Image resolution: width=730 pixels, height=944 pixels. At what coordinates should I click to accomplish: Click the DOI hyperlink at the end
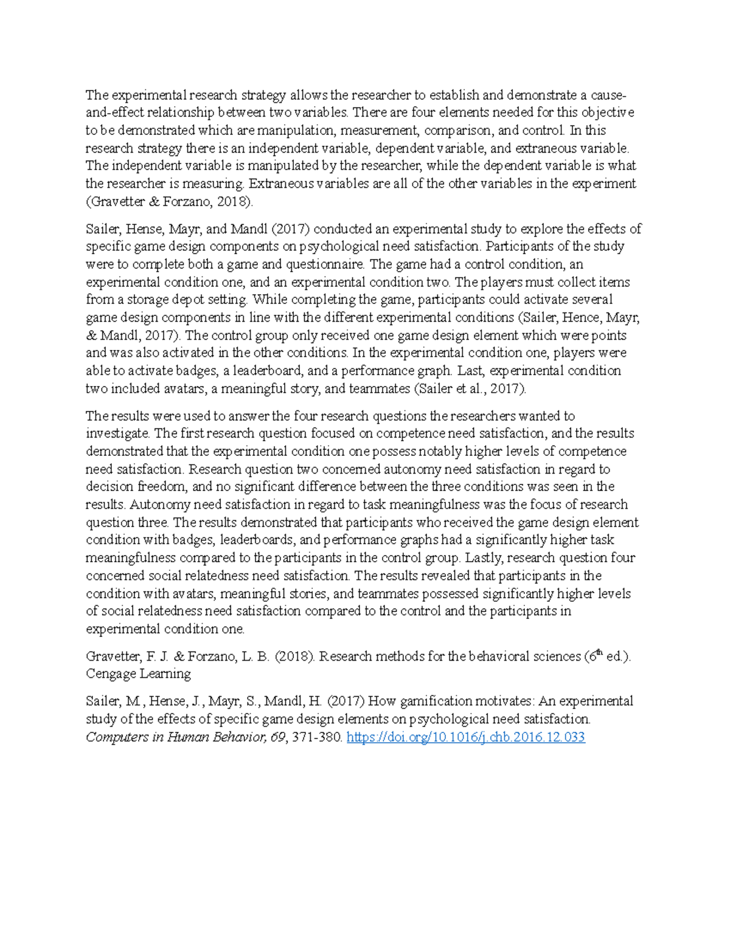[465, 737]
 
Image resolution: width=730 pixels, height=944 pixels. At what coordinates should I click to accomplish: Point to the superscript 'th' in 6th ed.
[599, 653]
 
